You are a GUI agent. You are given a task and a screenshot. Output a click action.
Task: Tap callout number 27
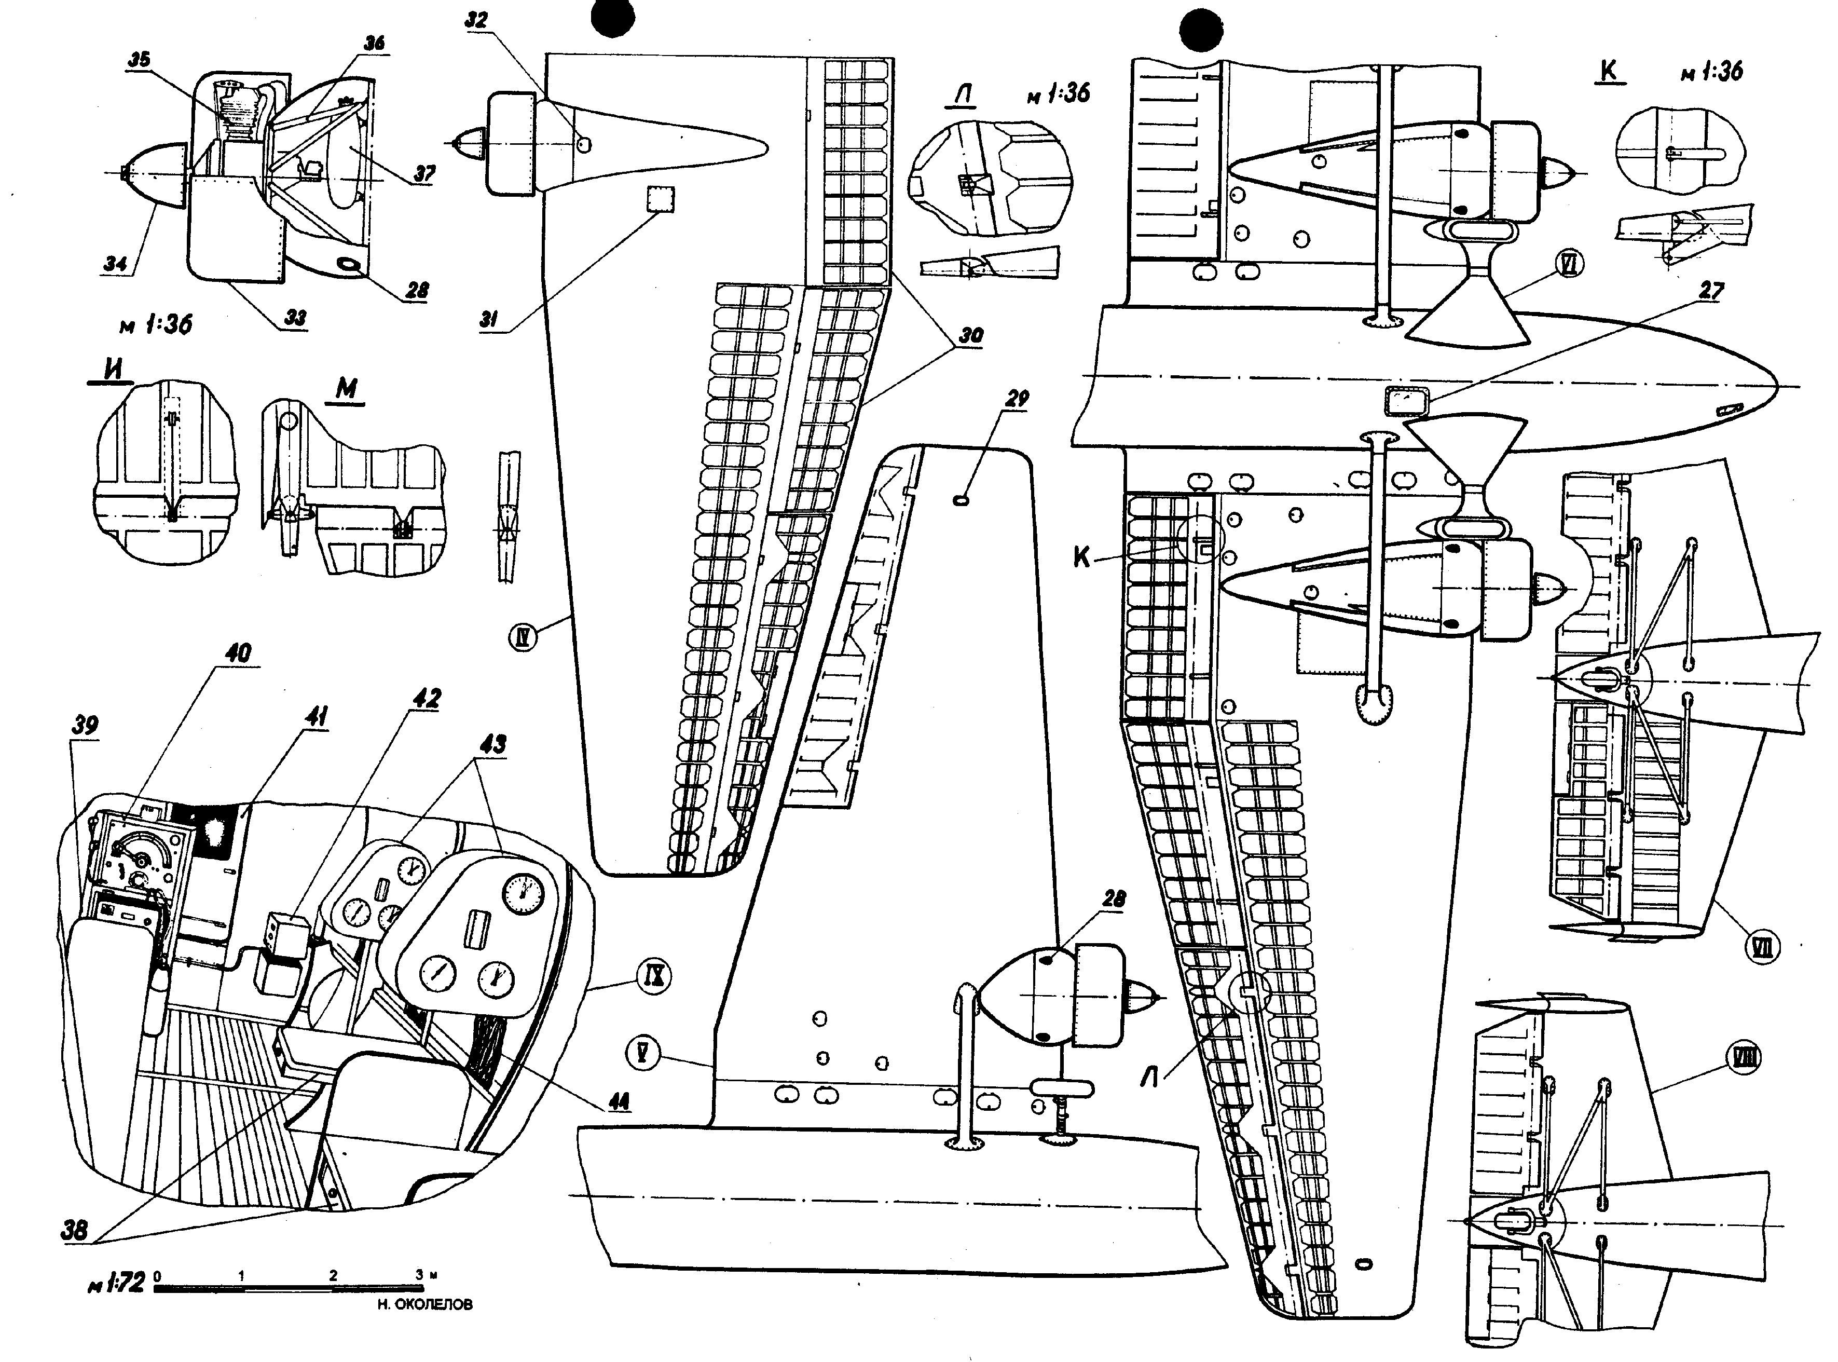coord(1711,290)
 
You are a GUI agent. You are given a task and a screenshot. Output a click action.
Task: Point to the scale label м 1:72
coord(116,1283)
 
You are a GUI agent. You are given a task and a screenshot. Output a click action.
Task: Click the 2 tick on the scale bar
coord(333,1275)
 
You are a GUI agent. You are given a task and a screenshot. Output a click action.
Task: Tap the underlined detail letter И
coord(112,370)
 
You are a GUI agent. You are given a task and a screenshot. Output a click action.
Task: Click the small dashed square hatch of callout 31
coord(660,199)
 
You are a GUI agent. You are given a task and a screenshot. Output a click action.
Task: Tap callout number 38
coord(75,1231)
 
